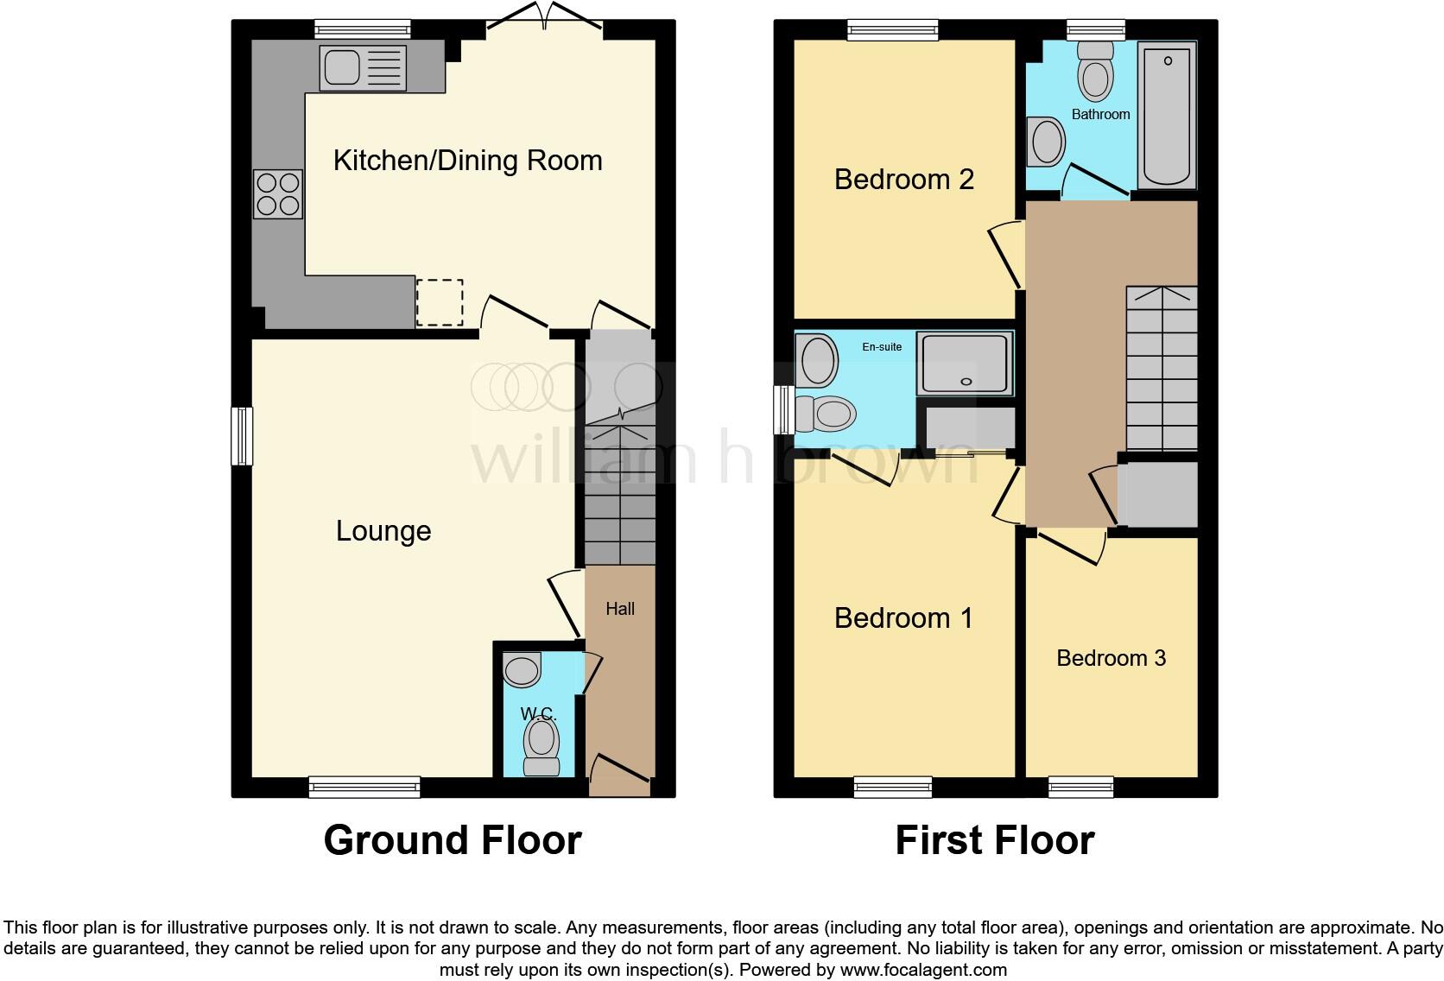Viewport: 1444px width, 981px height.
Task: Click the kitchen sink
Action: tap(363, 68)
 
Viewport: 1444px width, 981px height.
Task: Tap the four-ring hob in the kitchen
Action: tap(278, 194)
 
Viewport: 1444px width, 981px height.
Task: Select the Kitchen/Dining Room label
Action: tap(467, 161)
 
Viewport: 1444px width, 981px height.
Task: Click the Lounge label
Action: tap(383, 531)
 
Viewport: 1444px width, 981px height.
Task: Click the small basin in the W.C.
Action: tap(521, 670)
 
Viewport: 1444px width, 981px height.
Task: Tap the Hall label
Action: tap(620, 609)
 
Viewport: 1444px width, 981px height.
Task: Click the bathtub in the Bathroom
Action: tap(1167, 116)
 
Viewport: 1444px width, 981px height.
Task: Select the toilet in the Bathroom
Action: tap(1096, 73)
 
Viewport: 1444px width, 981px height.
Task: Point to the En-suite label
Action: tap(882, 347)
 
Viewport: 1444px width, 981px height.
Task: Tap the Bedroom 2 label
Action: tap(903, 180)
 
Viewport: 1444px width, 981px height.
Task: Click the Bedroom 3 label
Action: tap(1111, 658)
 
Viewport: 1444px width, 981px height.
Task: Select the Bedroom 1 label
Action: tap(903, 618)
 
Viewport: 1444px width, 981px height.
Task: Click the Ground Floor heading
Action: tap(453, 839)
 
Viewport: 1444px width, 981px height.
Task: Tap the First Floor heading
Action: tap(994, 839)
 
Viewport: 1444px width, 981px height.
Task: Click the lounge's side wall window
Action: tap(243, 436)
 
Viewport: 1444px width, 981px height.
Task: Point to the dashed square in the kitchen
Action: tap(440, 302)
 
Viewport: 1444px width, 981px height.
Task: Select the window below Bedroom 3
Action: tap(1080, 787)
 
